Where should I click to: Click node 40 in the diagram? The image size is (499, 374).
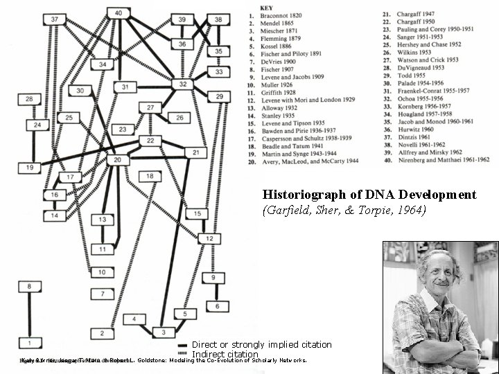coord(119,13)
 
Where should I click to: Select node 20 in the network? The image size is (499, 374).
coord(118,160)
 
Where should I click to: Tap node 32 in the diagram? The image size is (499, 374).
coord(183,84)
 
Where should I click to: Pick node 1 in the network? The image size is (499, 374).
coord(29,342)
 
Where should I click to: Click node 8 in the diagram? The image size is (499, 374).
coord(29,285)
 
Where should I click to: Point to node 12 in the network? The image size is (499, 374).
coord(209,239)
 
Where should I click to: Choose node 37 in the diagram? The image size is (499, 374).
coord(55,19)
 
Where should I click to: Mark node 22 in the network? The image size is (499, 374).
coord(150,141)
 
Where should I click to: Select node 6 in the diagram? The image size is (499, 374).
coord(217,306)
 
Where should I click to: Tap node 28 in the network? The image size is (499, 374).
coord(29,100)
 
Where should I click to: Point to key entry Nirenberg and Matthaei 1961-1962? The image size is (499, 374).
coord(436,159)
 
